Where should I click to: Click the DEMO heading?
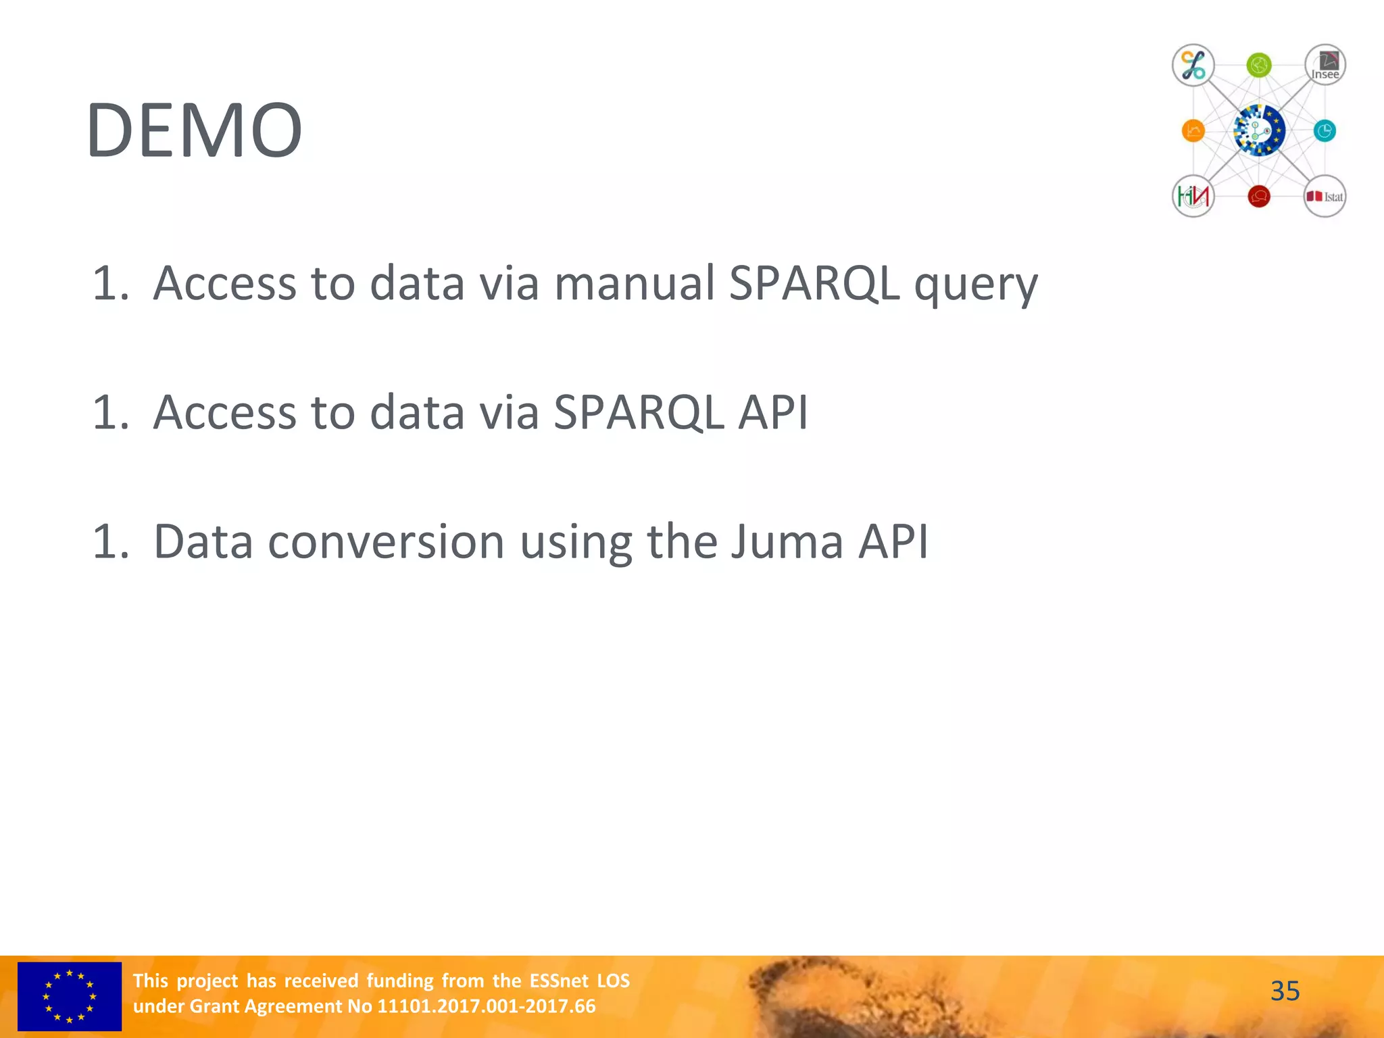[194, 130]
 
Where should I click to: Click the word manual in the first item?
[634, 282]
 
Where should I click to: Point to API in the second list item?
[773, 412]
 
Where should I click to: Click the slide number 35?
[1285, 991]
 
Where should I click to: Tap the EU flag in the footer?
[70, 996]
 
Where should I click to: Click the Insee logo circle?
[1325, 66]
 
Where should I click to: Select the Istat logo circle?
[1325, 197]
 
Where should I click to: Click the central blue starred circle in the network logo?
[1258, 130]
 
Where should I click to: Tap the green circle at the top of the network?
[1258, 66]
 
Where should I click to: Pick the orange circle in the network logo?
[1193, 130]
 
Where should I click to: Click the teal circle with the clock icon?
[1325, 130]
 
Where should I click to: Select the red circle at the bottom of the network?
[1258, 197]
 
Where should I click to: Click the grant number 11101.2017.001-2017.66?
[486, 1006]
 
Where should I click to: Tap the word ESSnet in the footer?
[559, 981]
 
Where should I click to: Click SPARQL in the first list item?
[814, 282]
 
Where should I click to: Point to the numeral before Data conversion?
[109, 541]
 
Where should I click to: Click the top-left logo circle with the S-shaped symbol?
[1193, 66]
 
